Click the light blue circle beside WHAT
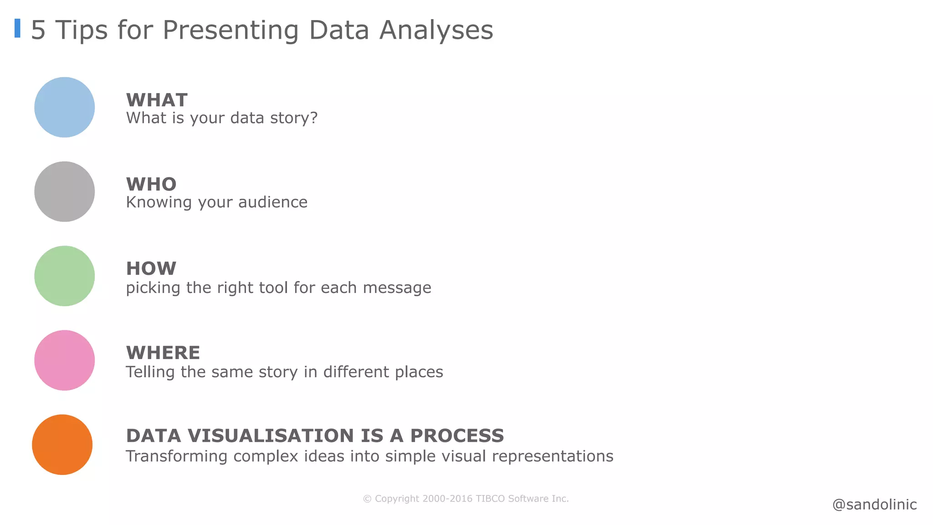[x=65, y=107]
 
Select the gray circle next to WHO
[x=65, y=191]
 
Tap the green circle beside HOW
[x=65, y=276]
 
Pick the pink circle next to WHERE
[x=65, y=360]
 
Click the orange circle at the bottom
[x=62, y=444]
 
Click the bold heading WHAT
[x=157, y=100]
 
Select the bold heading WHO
[x=151, y=185]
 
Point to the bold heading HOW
[x=151, y=269]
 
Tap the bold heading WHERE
[x=163, y=353]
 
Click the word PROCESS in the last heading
[x=457, y=436]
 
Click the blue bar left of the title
[x=17, y=28]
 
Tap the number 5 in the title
[x=38, y=31]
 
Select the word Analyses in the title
[x=436, y=31]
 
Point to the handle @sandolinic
[x=874, y=504]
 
